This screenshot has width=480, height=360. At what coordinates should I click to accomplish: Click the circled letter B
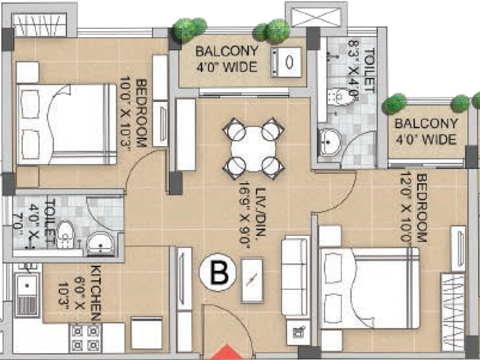[x=217, y=272]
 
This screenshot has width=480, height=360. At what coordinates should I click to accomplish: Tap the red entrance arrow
[x=226, y=352]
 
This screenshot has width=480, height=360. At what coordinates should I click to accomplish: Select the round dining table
[x=253, y=149]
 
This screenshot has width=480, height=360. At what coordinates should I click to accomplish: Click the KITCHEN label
[x=95, y=293]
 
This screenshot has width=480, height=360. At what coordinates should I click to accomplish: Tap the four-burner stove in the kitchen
[x=85, y=337]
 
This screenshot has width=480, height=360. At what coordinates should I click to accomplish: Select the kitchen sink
[x=27, y=294]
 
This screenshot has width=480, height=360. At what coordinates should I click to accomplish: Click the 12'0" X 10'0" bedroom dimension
[x=406, y=209]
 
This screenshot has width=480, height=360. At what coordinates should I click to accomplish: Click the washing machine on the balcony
[x=287, y=62]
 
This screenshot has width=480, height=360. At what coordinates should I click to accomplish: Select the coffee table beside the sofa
[x=252, y=280]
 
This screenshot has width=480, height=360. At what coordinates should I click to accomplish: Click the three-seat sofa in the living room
[x=296, y=276]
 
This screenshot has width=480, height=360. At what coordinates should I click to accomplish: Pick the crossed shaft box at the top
[x=316, y=17]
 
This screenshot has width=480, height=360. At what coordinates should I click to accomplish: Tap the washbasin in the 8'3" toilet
[x=329, y=142]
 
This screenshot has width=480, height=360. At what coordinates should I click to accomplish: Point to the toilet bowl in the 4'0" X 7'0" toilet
[x=65, y=234]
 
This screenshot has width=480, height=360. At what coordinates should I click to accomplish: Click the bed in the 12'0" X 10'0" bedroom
[x=369, y=288]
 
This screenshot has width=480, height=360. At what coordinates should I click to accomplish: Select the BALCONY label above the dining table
[x=227, y=51]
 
